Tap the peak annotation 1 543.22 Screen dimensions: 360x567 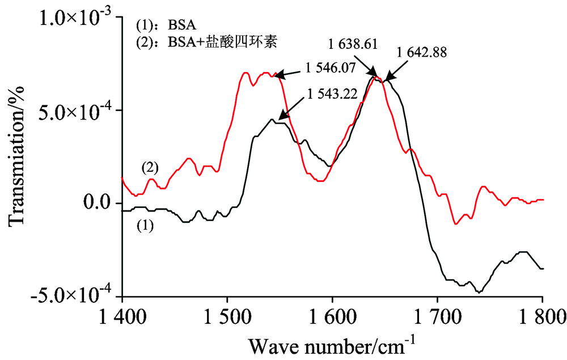[332, 94]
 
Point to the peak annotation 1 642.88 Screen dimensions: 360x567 [422, 53]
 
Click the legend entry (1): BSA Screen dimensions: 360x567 [164, 26]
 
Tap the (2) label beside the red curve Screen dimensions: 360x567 [150, 168]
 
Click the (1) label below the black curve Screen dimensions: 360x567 [145, 226]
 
